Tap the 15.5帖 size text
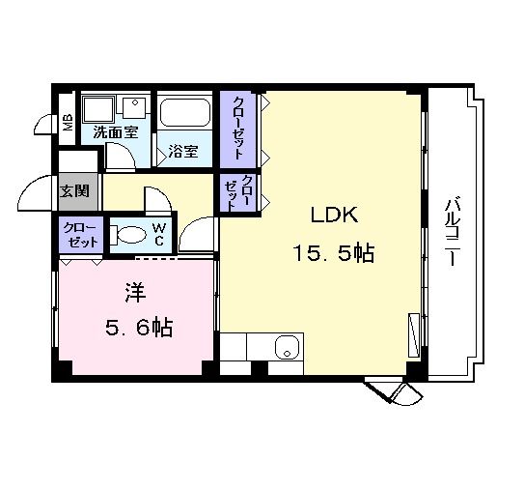point(334,254)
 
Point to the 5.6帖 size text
point(137,329)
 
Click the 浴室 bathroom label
point(182,151)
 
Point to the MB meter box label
point(68,123)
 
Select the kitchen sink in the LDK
point(286,347)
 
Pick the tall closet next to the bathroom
point(237,128)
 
